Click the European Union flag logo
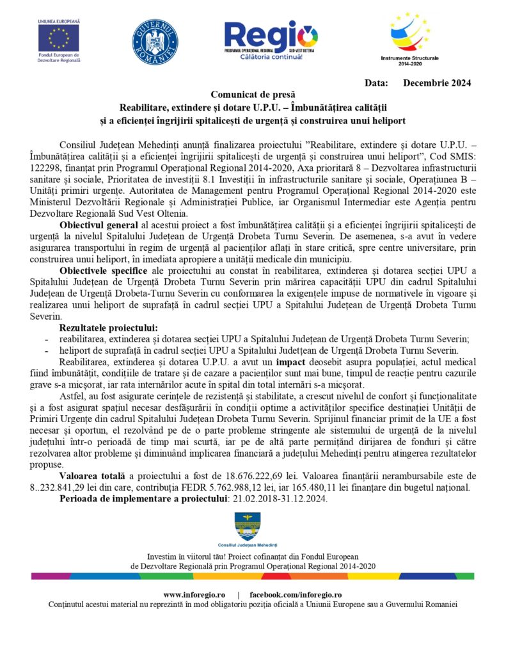[x=59, y=38]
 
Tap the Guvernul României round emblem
[x=154, y=42]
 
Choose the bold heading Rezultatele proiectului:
[x=108, y=327]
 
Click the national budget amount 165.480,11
[x=348, y=487]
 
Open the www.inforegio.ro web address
[x=194, y=594]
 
